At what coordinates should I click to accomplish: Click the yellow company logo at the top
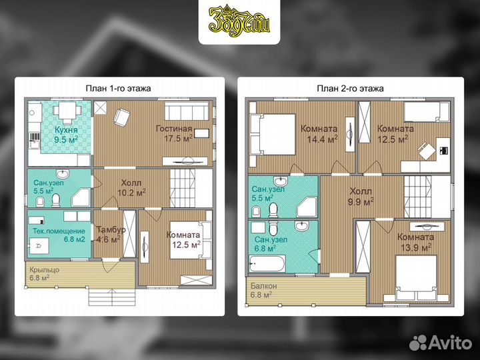point(239,22)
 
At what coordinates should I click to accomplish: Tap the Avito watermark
point(441,342)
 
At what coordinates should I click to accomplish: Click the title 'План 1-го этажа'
point(118,89)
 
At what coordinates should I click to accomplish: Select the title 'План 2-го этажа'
point(350,89)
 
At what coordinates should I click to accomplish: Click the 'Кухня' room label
point(66,130)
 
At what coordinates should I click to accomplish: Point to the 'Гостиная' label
point(174,129)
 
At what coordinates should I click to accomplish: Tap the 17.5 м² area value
point(178,139)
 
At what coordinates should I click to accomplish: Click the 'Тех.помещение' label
point(59,231)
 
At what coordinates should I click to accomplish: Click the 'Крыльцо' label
point(45,270)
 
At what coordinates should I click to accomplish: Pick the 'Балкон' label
point(263,286)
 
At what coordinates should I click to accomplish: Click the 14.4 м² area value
point(323,139)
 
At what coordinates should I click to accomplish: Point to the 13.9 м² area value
point(416,247)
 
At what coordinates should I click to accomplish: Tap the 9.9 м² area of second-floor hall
point(361,202)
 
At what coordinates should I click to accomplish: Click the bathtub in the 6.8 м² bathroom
point(267,264)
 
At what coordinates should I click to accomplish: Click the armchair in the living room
point(121,117)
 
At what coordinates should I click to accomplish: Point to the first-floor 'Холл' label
point(131,183)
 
